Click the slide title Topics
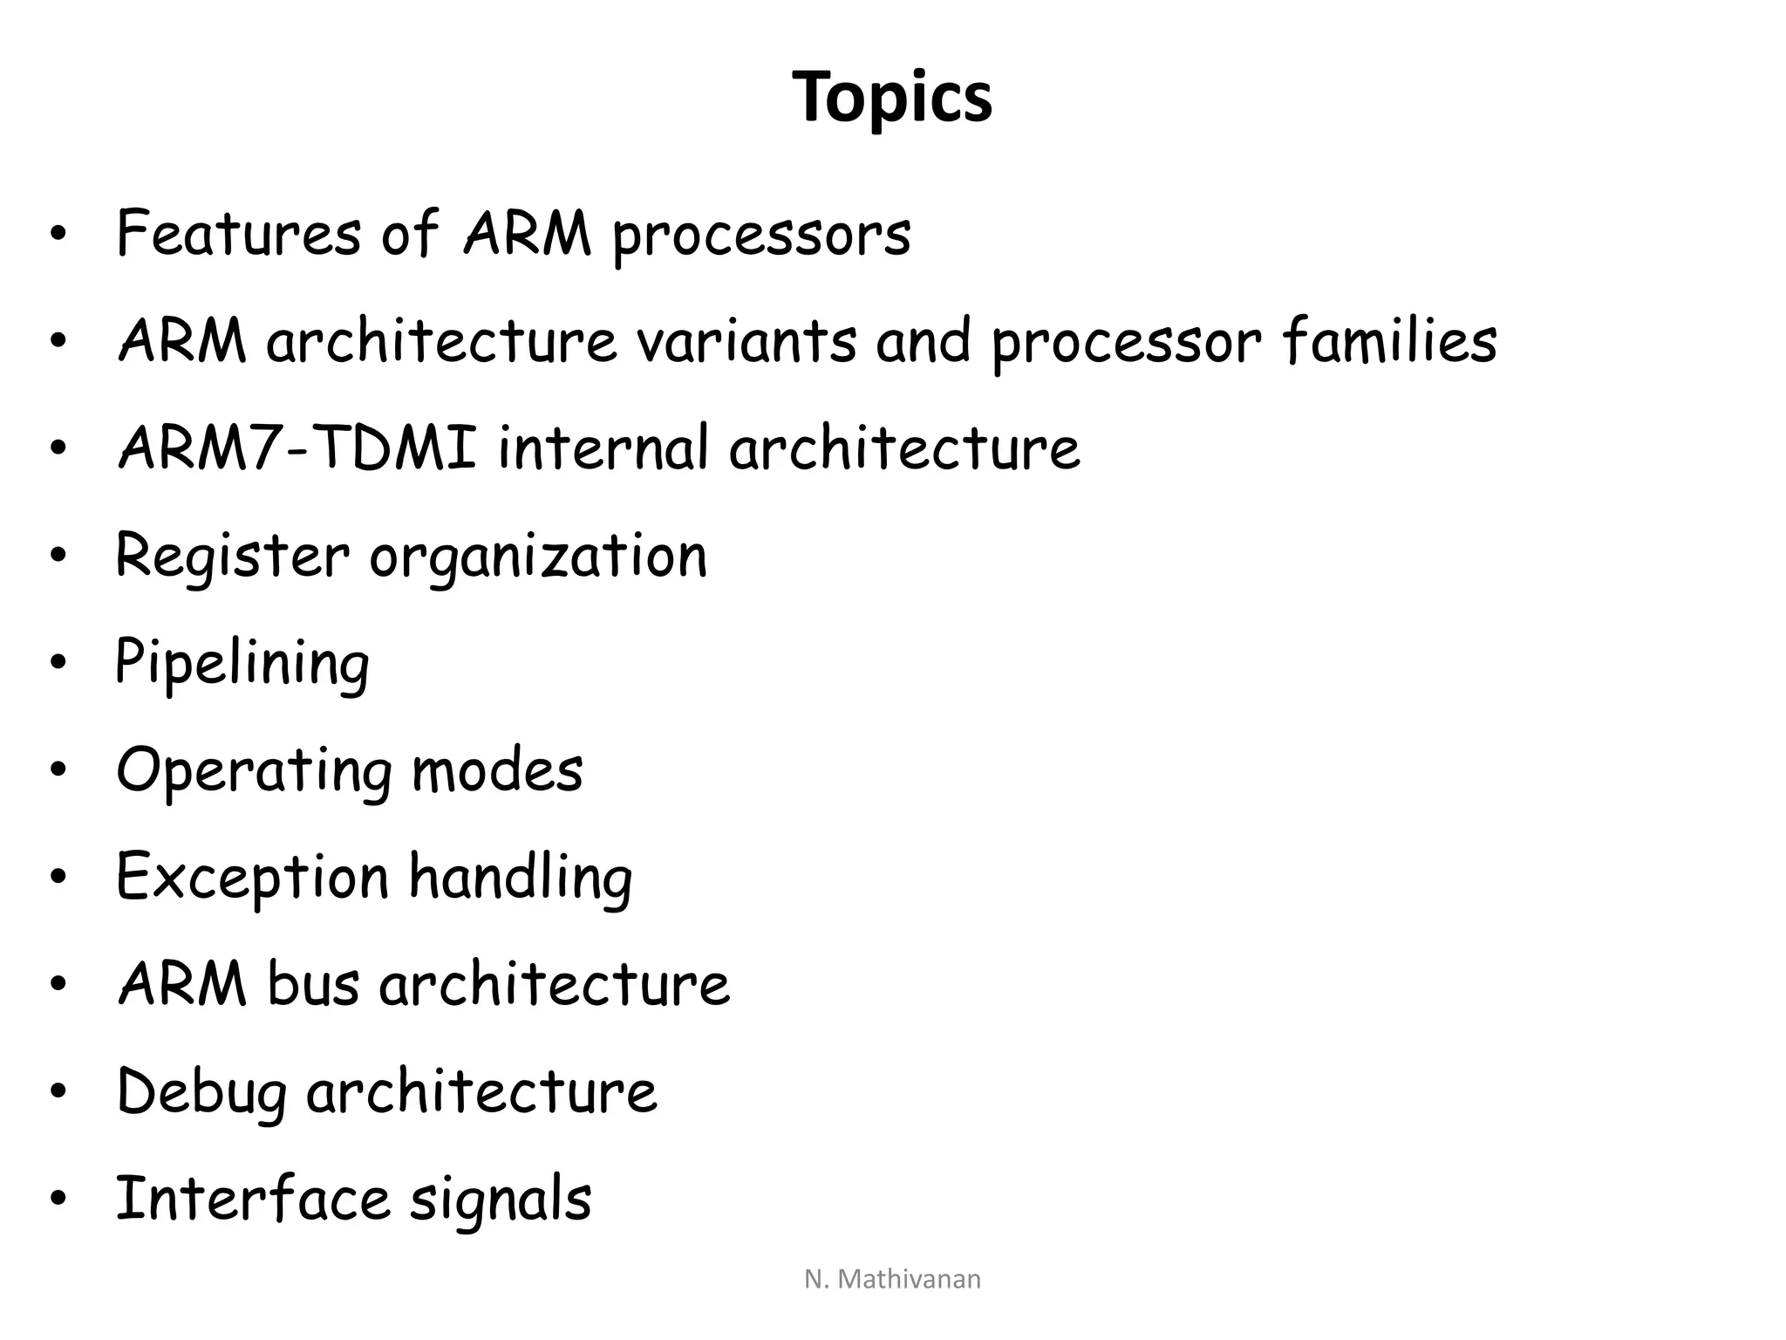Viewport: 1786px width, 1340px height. pos(892,98)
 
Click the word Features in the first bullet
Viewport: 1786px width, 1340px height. pos(238,234)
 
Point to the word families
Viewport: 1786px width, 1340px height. pos(1390,341)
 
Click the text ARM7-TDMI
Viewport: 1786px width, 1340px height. pos(297,448)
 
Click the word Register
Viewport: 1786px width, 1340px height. pos(232,557)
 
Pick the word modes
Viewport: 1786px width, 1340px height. pos(497,770)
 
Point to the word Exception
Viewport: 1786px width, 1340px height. pos(252,879)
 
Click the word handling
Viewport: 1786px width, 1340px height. pos(521,879)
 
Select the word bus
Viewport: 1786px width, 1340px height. pos(313,984)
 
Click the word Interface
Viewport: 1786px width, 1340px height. pos(252,1199)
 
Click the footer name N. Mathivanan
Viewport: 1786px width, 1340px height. pos(892,1279)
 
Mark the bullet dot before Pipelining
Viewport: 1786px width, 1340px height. pos(58,663)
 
